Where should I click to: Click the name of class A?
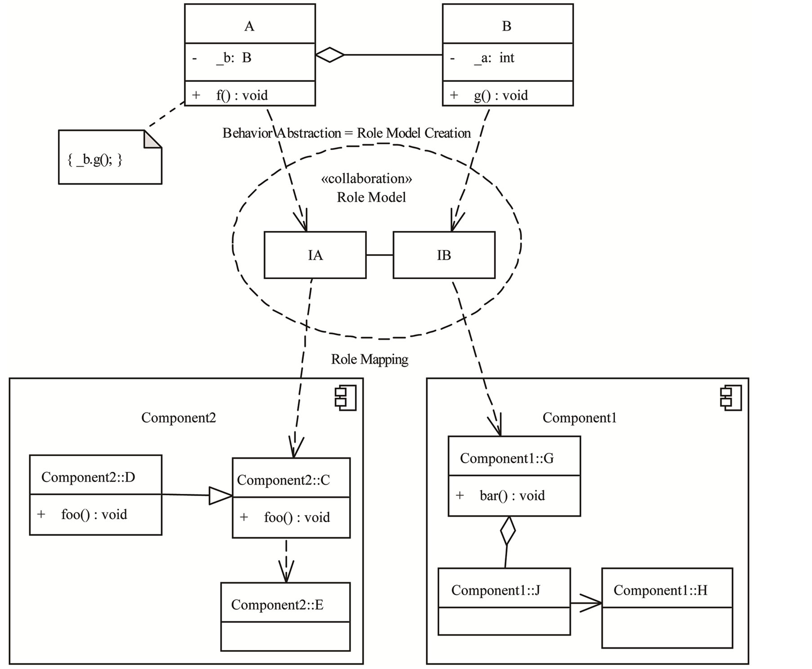pos(249,26)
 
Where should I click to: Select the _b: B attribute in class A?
pos(233,58)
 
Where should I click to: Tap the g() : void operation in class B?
pos(500,95)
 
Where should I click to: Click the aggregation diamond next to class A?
pos(330,55)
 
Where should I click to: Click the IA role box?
pos(315,255)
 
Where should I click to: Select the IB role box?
pos(444,255)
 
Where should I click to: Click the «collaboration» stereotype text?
pos(366,179)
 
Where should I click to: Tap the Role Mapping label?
pos(370,359)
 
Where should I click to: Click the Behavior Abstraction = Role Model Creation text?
pos(347,133)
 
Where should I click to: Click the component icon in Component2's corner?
pos(345,398)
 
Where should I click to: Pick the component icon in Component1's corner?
pos(731,398)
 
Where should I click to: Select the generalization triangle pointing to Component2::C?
pos(220,496)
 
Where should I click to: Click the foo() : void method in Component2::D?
pos(94,515)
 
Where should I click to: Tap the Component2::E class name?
pos(277,605)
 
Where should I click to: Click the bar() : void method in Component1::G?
pos(512,496)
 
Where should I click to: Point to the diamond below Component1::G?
pos(508,531)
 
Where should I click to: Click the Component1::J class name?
pos(495,590)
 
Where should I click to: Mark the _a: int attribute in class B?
pos(494,58)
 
